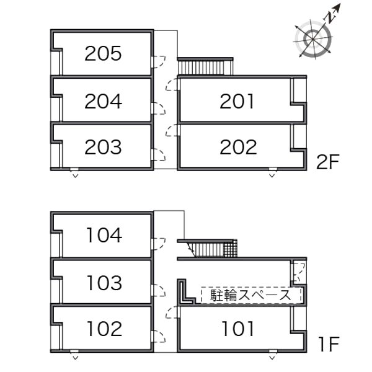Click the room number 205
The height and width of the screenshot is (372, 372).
point(103,53)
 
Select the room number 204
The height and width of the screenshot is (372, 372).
point(103,101)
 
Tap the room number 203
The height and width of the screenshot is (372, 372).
point(103,147)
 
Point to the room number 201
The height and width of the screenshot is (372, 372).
point(237,101)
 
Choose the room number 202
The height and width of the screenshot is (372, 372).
point(238,147)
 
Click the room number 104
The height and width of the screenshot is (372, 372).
point(104,235)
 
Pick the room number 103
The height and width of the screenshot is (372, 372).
point(104,283)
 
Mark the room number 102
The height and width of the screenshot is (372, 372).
point(104,329)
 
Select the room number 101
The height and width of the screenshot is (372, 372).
point(237,329)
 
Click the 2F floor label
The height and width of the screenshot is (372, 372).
point(328,162)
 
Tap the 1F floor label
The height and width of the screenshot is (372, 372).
point(329,344)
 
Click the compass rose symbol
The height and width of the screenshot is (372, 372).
point(313,38)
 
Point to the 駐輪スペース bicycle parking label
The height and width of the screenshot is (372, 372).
point(250,295)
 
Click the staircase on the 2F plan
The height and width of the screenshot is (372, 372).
point(205,66)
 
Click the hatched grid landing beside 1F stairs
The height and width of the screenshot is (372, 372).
point(231,248)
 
